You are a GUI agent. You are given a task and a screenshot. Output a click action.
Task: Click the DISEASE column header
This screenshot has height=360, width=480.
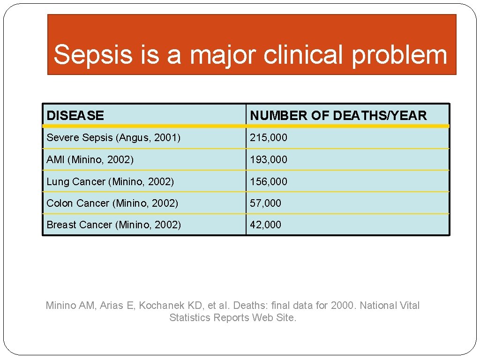[x=75, y=115]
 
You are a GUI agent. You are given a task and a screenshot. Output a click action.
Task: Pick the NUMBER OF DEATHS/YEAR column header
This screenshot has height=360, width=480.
[x=338, y=115]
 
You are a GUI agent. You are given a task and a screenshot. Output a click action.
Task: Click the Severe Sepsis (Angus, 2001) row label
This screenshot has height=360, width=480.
[x=113, y=137]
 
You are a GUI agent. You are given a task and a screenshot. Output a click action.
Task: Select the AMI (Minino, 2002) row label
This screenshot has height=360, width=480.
[x=90, y=159]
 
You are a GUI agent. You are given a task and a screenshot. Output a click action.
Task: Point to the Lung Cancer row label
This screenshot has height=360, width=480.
[x=110, y=181]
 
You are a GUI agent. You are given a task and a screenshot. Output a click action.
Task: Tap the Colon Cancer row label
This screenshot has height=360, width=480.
[x=112, y=203]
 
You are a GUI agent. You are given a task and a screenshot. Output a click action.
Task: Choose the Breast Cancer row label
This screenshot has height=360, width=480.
[x=113, y=225]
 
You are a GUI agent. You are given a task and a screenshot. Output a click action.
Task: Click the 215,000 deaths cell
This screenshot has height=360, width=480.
[x=269, y=137]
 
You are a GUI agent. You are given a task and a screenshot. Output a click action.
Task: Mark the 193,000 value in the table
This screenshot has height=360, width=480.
[x=269, y=159]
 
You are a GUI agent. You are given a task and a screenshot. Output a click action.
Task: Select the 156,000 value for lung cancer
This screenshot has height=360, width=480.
[x=269, y=181]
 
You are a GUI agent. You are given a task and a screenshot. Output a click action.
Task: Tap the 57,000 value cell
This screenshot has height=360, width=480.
[x=265, y=203]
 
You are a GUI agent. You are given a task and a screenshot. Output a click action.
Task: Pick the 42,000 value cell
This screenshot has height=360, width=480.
[x=265, y=225]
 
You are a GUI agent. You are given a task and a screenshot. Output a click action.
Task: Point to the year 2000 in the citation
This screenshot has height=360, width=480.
[x=343, y=306]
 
